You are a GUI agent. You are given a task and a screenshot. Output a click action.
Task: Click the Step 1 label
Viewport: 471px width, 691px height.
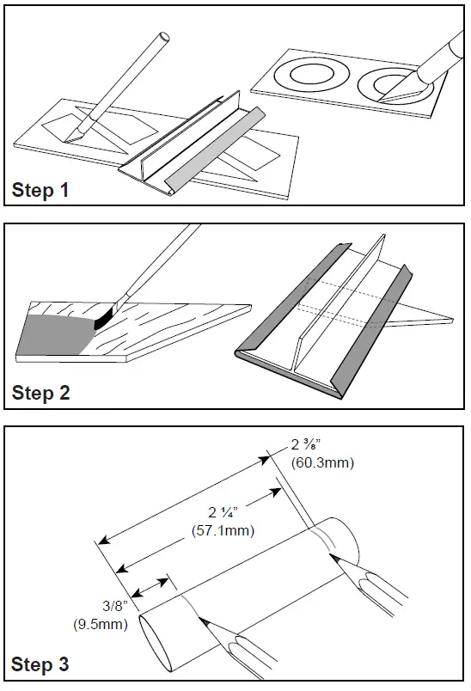pos(40,190)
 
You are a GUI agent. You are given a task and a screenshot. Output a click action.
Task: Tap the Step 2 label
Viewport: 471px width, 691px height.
pos(41,393)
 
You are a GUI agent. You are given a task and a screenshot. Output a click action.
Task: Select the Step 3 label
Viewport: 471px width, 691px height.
pos(40,664)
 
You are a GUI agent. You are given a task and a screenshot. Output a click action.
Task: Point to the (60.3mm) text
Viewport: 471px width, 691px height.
pos(322,463)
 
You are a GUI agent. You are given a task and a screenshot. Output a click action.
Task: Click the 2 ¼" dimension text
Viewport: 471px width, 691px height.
pos(223,512)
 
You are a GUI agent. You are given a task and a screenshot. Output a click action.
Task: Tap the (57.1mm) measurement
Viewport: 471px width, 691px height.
pos(223,530)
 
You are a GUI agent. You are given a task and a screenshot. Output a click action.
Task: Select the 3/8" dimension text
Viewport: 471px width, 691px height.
pos(115,606)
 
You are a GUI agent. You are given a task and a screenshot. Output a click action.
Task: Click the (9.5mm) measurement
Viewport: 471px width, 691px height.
pos(101,625)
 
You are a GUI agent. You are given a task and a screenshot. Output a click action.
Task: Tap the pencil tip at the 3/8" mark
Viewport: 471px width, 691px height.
pos(200,619)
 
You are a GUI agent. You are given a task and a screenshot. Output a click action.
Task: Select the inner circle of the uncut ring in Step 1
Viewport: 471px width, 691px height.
pos(311,73)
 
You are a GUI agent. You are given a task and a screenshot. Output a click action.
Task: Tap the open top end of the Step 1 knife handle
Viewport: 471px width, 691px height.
pos(164,37)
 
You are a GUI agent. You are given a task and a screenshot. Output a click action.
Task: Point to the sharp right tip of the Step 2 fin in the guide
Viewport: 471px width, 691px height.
pos(451,318)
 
